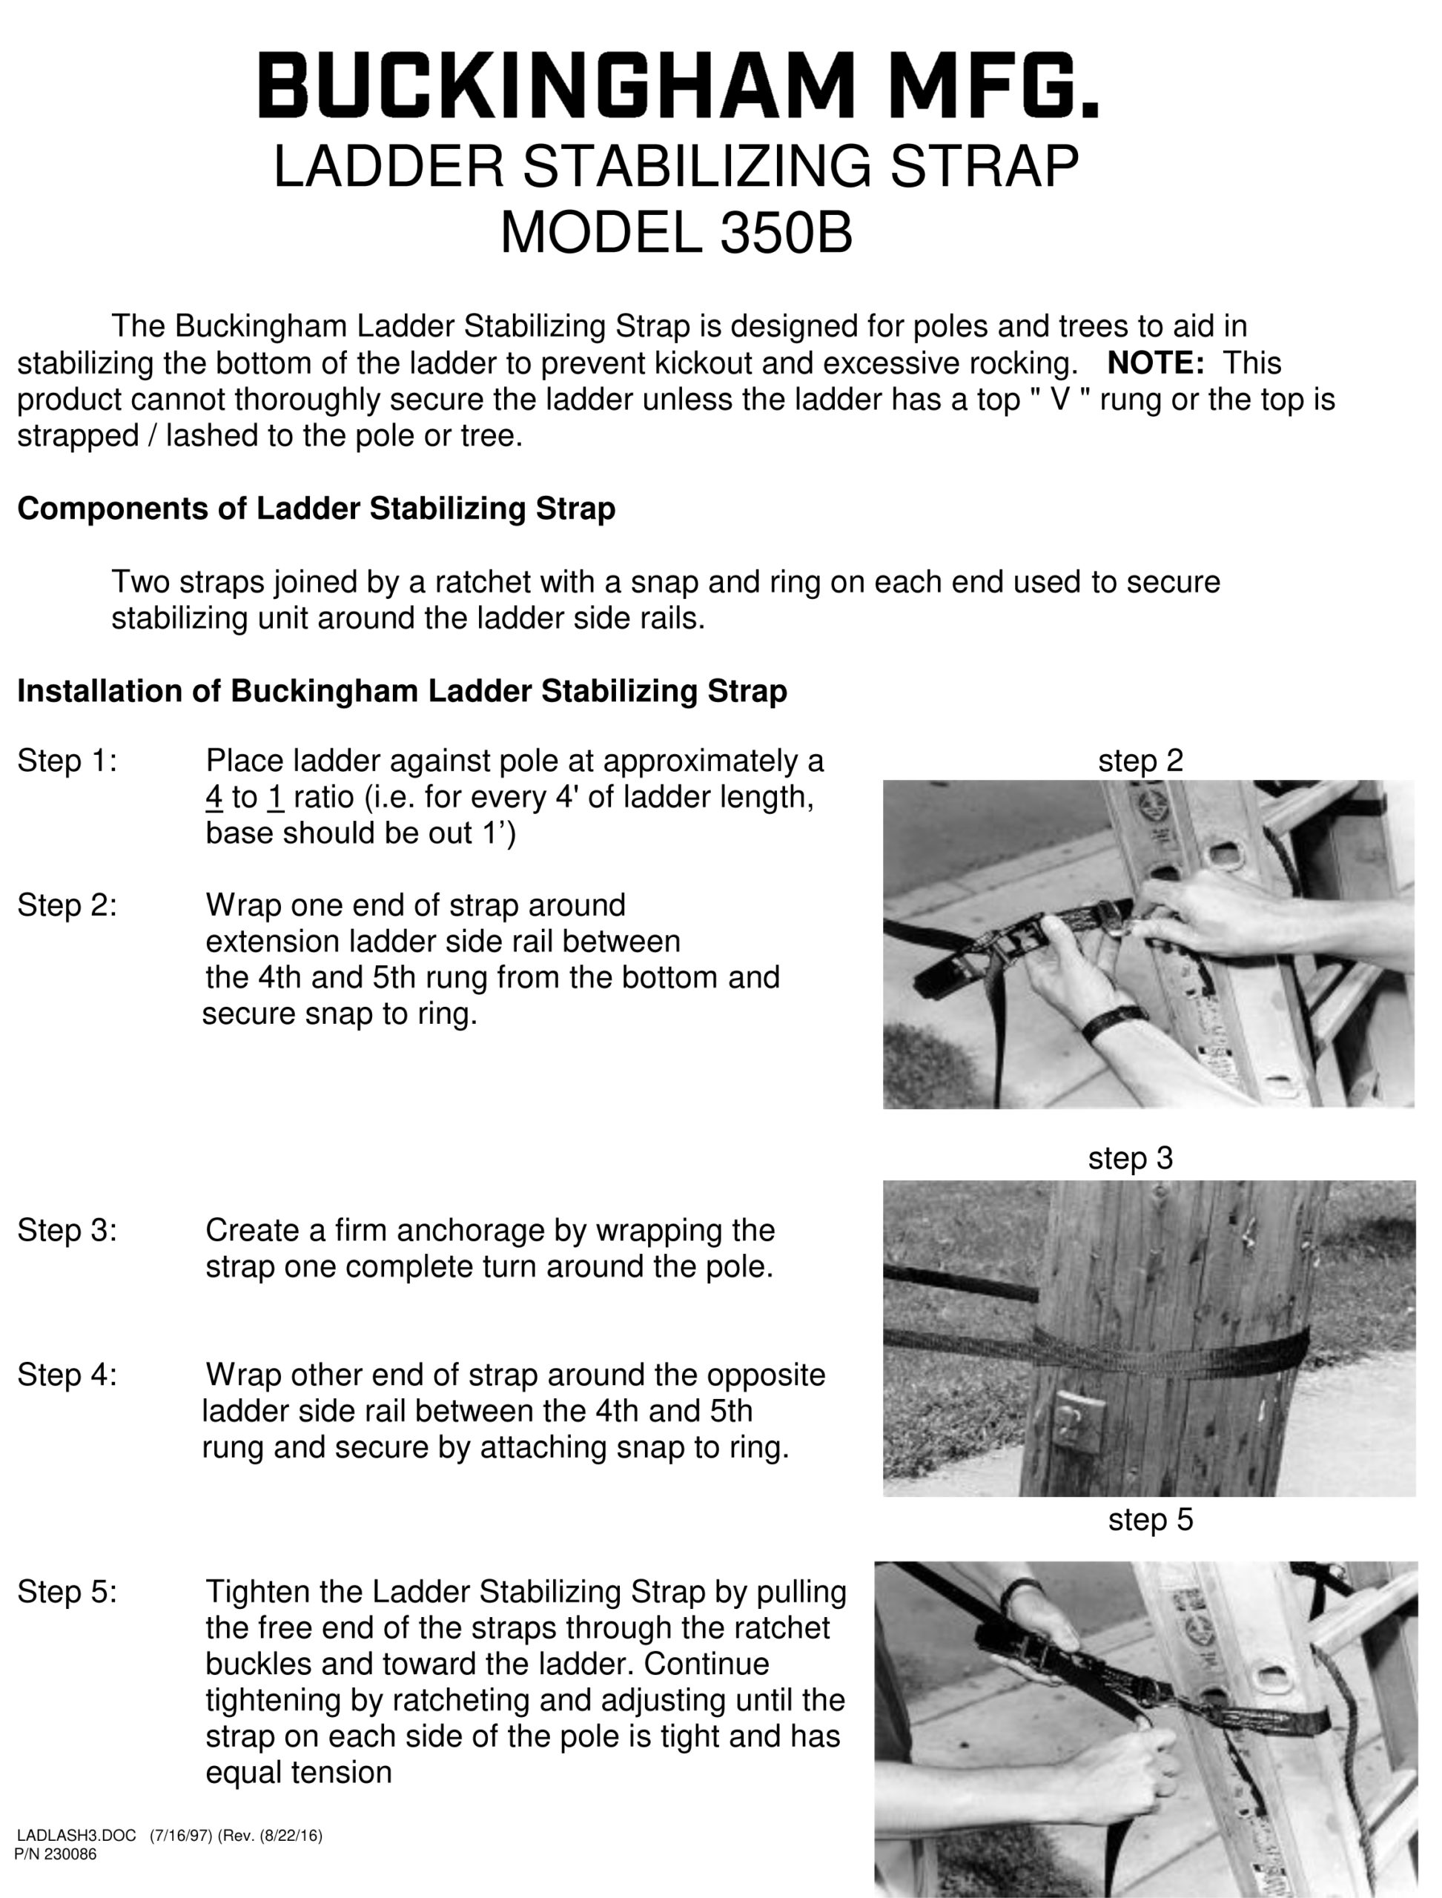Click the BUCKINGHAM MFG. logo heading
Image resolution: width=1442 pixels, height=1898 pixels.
tap(678, 86)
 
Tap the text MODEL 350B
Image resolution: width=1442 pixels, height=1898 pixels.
tap(675, 233)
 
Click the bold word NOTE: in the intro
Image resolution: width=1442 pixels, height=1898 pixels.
tap(1155, 363)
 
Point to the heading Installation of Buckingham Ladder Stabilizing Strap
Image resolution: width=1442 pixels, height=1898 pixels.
tap(402, 691)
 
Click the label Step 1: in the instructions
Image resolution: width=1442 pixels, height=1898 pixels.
tap(67, 761)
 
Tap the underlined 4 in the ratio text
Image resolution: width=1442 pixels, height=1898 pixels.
tap(214, 798)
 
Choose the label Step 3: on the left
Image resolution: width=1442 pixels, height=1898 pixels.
tap(67, 1231)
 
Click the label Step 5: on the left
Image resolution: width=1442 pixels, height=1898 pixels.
tap(67, 1593)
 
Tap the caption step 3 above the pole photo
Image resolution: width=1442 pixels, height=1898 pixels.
tap(1130, 1158)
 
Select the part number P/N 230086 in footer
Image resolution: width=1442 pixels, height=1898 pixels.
tap(56, 1854)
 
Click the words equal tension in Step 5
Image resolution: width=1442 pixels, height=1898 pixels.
tap(298, 1773)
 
